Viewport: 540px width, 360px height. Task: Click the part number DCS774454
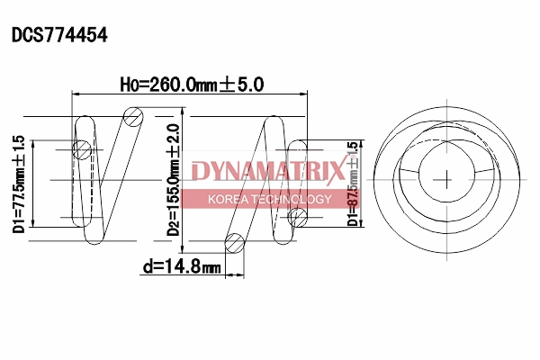(x=59, y=35)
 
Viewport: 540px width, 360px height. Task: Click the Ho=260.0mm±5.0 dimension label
(x=192, y=85)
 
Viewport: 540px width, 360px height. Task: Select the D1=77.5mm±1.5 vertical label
(x=19, y=184)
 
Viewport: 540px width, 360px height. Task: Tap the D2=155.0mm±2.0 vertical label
(x=173, y=180)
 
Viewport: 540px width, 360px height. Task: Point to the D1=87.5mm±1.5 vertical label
(x=353, y=184)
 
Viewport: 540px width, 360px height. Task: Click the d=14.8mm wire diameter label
(x=182, y=266)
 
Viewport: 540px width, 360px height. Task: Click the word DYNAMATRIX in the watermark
(x=268, y=170)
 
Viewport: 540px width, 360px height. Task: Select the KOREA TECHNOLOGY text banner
(x=270, y=199)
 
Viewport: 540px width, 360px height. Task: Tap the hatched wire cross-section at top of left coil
(x=133, y=116)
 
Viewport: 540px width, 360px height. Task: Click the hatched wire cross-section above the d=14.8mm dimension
(x=235, y=243)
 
